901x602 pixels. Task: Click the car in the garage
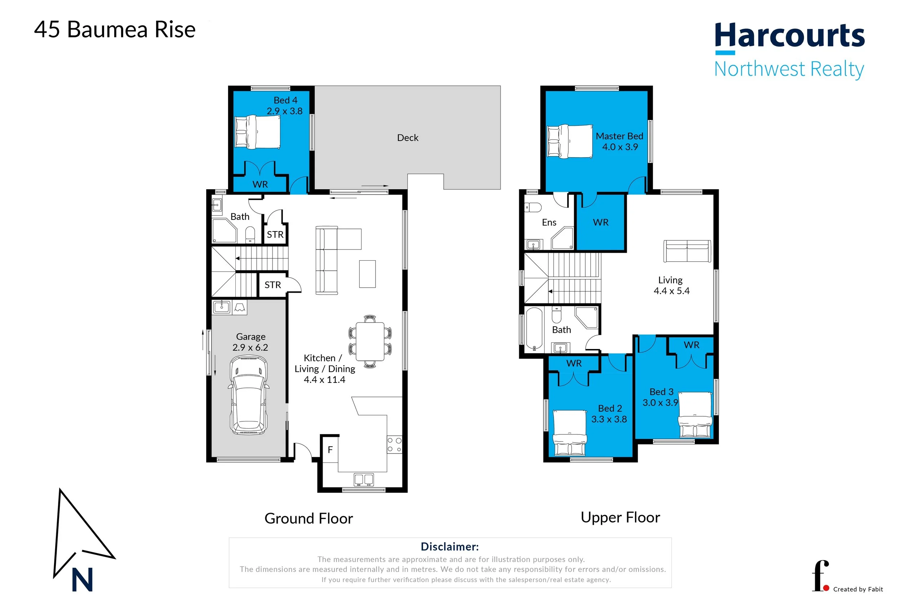249,395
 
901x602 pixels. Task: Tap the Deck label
408,138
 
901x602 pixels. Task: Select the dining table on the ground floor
370,341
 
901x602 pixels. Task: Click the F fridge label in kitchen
330,450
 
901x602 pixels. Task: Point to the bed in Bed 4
257,132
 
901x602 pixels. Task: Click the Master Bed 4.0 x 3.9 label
619,142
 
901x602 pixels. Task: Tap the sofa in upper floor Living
687,251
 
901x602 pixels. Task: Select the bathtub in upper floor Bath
534,329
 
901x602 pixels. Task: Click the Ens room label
549,223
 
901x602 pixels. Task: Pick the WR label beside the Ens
600,223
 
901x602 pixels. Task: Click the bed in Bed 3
695,415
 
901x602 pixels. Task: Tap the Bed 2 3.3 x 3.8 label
609,414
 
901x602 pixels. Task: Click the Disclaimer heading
450,547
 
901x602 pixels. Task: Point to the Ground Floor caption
309,519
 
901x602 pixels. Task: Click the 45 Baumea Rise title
115,30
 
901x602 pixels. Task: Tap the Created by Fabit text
858,589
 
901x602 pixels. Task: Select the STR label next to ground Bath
275,235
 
